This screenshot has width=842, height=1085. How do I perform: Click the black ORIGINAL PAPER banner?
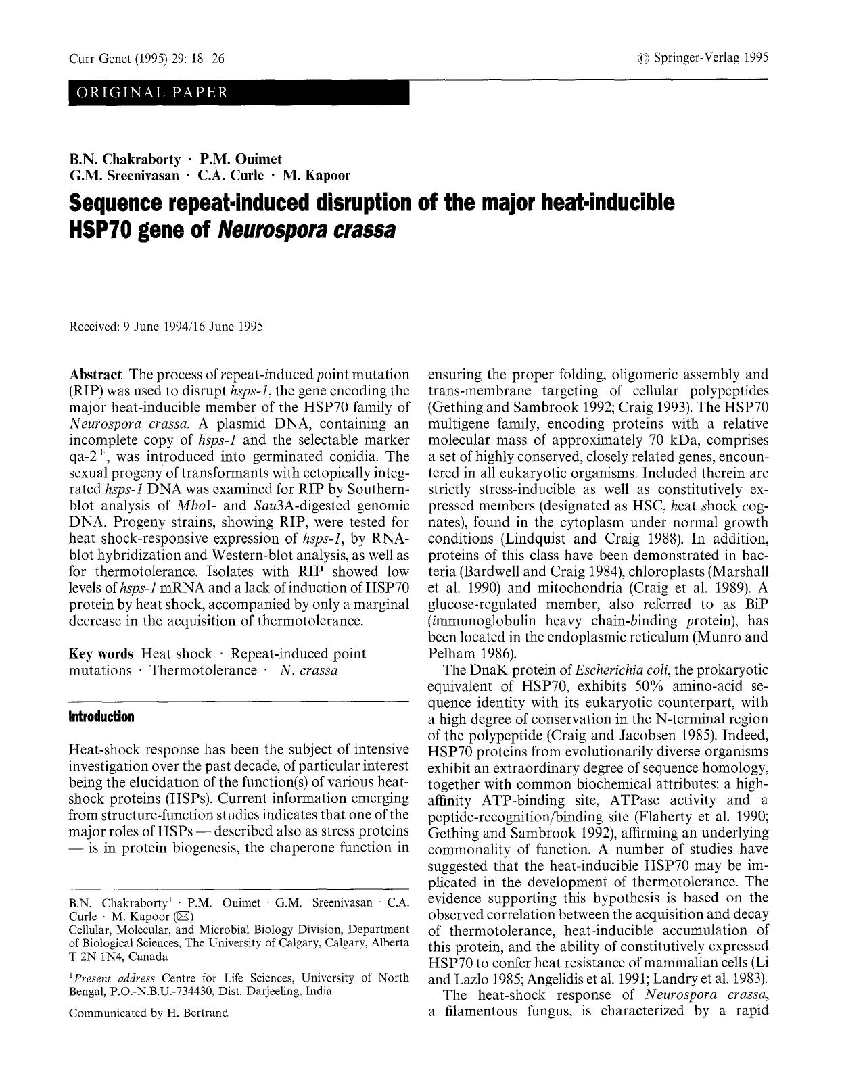pyautogui.click(x=239, y=93)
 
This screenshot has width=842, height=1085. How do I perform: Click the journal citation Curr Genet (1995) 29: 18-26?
pyautogui.click(x=147, y=59)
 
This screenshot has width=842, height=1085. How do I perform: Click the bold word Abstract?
pyautogui.click(x=95, y=375)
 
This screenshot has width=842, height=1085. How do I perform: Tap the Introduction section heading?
pyautogui.click(x=101, y=717)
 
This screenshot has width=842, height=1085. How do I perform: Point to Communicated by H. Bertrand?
pyautogui.click(x=149, y=1013)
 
